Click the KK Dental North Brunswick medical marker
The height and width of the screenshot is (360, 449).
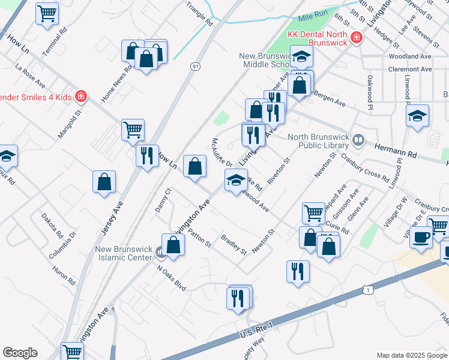pos(357,38)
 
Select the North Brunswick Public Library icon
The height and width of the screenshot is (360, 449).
pos(358,139)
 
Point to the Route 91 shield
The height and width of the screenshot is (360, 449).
pos(196,66)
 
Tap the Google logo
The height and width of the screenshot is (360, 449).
pos(20,353)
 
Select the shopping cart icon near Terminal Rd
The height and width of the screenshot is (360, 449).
pos(46,12)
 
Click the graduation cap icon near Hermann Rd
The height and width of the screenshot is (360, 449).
pos(418,116)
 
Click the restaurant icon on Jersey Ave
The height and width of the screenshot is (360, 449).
pos(146,155)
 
